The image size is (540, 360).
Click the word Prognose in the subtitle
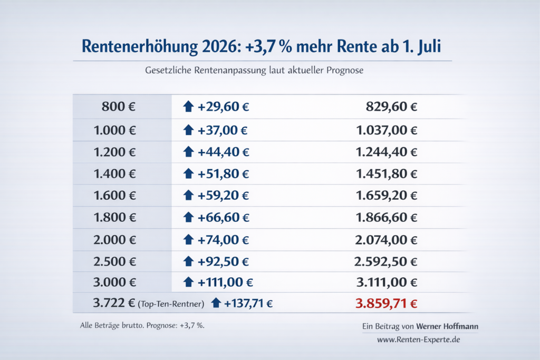(x=344, y=70)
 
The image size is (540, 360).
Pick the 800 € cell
(x=119, y=107)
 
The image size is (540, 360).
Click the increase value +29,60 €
(x=223, y=107)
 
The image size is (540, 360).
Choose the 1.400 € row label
(x=114, y=174)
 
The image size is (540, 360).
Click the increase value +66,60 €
(x=223, y=218)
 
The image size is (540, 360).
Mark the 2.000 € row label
(x=114, y=239)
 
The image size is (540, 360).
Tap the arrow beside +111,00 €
(x=188, y=283)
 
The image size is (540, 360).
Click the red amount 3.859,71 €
(x=387, y=304)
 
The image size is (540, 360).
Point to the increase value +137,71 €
(x=248, y=304)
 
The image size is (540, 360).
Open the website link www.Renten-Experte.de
(x=419, y=340)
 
